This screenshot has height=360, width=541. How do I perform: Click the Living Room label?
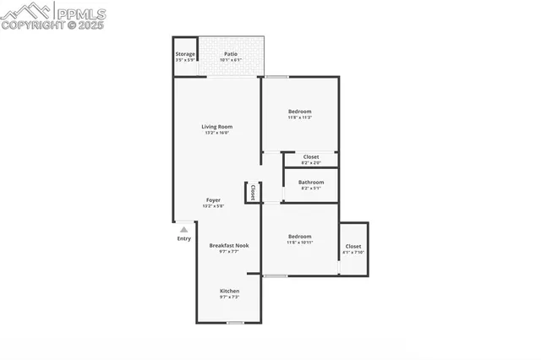coord(217,127)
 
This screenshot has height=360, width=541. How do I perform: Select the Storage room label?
coord(185,53)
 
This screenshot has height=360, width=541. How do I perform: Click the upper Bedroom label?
coord(299,112)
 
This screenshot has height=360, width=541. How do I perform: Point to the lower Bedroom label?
coord(299,237)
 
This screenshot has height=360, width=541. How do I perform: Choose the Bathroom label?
coord(310,182)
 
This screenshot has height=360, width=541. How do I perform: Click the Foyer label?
coord(214,200)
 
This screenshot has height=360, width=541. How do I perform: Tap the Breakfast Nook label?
coord(229,245)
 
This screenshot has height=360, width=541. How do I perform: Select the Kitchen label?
coord(230,291)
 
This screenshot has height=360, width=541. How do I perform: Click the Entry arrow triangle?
coord(183,228)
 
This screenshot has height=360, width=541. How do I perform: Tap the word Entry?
coord(183,238)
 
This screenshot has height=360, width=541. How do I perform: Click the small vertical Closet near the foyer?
coord(252,193)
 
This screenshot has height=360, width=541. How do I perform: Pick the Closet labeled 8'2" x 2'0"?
coord(311,157)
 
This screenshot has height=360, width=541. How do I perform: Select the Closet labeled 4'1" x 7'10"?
coord(353,247)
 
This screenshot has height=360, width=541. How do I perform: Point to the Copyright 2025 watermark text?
coord(52,25)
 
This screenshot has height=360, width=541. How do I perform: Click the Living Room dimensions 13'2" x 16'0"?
coord(217,133)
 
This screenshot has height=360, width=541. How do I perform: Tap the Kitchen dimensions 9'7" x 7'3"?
coord(230,297)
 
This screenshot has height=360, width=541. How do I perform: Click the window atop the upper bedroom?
coord(276,77)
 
